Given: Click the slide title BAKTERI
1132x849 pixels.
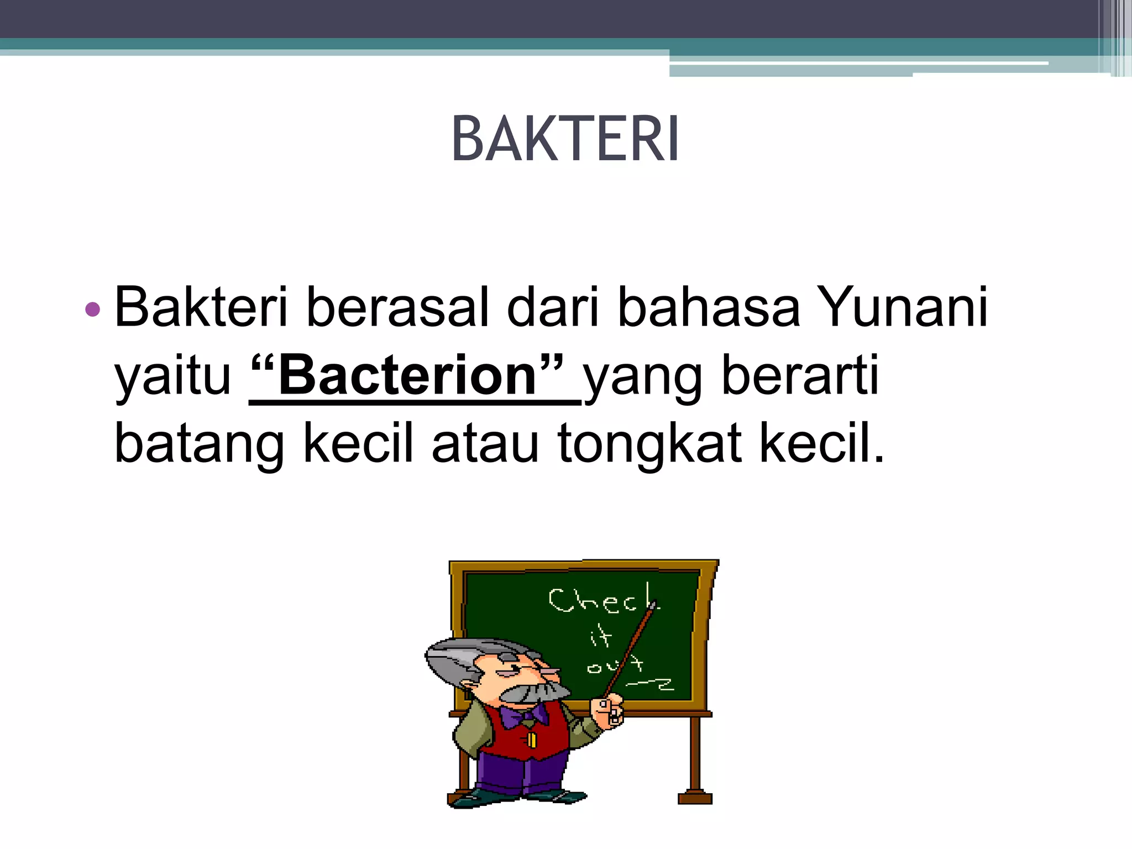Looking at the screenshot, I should [565, 139].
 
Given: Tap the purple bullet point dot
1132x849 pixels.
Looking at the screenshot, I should [93, 309].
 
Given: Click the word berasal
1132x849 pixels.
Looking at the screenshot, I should [397, 307].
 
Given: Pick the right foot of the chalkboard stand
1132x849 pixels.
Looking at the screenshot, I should [695, 797].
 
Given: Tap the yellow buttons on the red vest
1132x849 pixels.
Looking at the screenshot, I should [532, 739].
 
